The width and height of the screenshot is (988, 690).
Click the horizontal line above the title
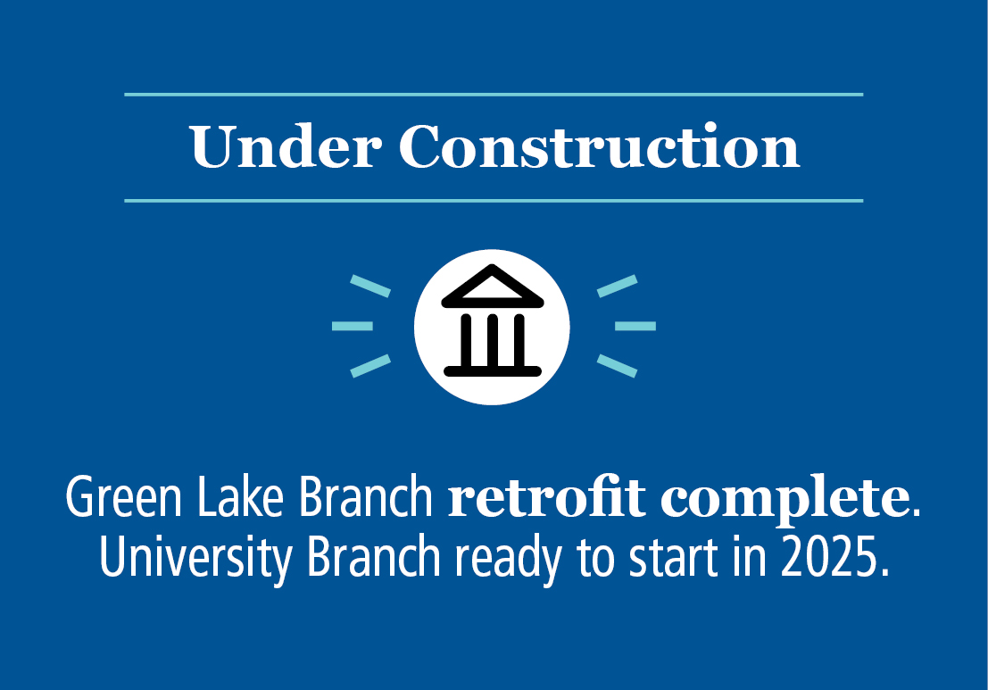click(494, 94)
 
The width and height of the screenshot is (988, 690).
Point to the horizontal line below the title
click(494, 201)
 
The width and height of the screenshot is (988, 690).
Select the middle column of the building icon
click(492, 339)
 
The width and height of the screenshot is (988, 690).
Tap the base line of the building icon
click(492, 369)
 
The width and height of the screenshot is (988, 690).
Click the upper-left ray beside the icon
click(370, 286)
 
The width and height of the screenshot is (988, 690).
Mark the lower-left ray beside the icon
click(370, 366)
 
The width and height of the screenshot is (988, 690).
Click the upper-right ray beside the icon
click(617, 286)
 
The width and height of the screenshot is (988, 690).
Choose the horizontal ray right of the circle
click(635, 326)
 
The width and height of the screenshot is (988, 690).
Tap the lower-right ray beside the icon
click(617, 366)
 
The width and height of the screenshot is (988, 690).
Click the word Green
click(112, 500)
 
